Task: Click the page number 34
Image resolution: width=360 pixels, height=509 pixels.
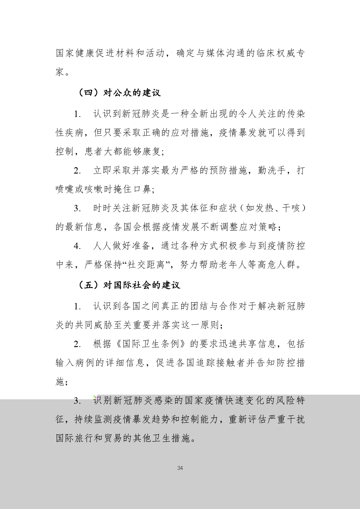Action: point(180,468)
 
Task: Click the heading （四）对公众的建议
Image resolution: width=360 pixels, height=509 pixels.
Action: point(119,93)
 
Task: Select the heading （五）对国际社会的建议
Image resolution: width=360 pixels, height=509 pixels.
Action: point(129,285)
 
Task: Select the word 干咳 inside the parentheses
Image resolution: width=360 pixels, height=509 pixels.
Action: point(290,208)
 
